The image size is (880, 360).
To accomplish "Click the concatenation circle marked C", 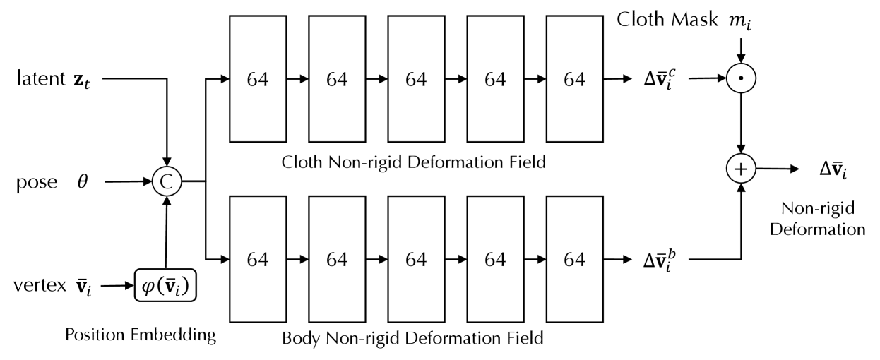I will coord(166,181).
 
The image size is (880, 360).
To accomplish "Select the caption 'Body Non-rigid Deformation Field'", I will coord(412,338).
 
